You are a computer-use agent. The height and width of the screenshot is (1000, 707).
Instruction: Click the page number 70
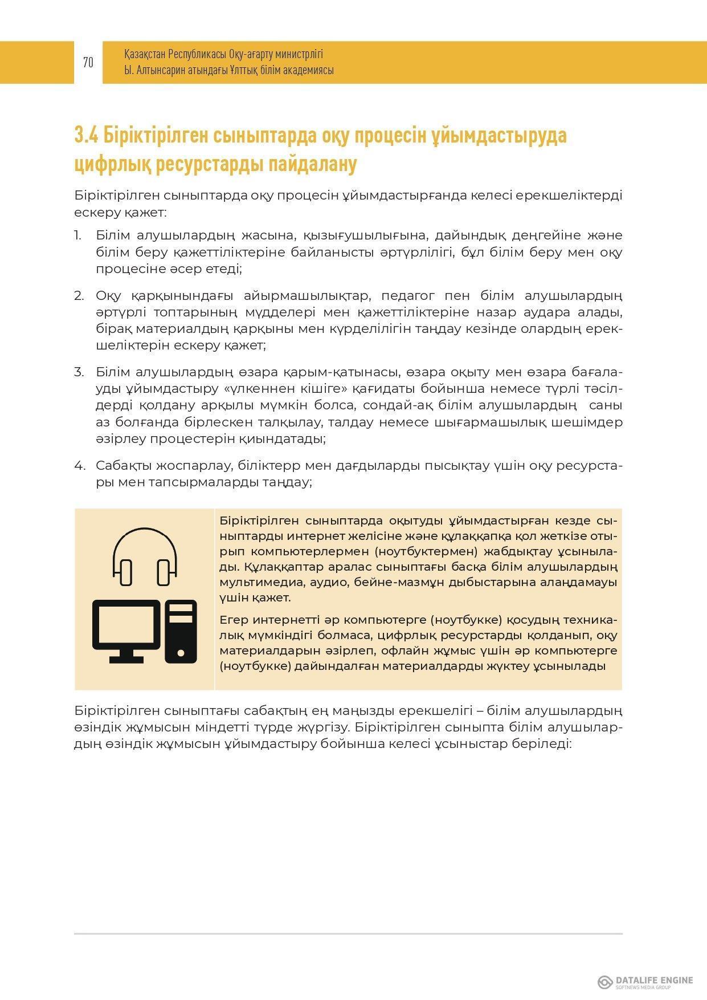(88, 62)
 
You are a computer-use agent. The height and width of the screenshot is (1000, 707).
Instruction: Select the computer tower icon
(181, 631)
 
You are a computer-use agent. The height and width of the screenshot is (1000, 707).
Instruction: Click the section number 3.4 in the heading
(87, 136)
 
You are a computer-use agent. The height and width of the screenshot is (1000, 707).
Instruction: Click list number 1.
(77, 235)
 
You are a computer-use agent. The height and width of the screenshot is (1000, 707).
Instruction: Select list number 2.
(79, 295)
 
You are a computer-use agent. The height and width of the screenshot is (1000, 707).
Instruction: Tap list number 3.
(79, 372)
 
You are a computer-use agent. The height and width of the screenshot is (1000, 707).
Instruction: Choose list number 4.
(79, 466)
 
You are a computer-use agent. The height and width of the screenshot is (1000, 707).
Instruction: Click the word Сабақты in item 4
(121, 466)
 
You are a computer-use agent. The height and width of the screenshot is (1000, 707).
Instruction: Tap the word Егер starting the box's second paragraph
(234, 620)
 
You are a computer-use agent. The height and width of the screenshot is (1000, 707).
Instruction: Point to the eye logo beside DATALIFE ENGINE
(605, 982)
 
